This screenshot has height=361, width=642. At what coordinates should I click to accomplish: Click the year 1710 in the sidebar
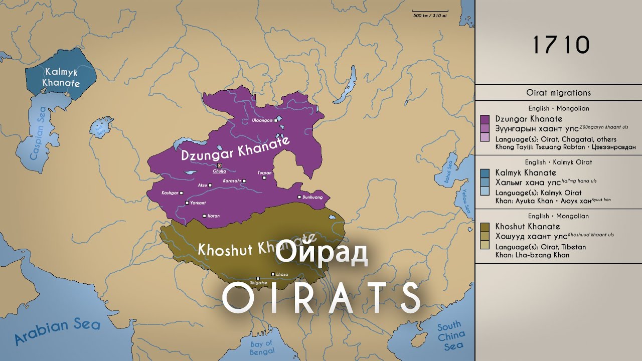560,45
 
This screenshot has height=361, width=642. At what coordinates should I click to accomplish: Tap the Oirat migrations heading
558,93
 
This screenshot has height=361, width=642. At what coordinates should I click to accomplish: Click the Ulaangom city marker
276,121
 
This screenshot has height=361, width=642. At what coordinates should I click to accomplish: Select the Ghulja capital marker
219,165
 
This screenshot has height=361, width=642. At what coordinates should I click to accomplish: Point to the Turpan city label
264,172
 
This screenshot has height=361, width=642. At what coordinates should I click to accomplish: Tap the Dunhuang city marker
299,197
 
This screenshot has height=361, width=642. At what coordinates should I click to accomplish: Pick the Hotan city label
214,216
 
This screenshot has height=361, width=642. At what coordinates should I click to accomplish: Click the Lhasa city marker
272,274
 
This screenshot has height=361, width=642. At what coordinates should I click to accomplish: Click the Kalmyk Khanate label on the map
61,77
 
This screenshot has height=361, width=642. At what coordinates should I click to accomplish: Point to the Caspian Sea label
38,133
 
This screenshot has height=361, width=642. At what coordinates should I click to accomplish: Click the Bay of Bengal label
262,347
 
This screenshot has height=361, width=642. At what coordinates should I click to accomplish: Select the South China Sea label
450,336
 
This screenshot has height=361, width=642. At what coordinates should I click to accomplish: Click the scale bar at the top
430,11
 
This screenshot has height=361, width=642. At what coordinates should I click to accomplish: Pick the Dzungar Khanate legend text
529,119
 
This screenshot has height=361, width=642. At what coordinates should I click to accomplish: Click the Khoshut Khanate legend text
527,227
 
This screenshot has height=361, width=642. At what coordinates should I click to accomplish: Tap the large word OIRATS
321,298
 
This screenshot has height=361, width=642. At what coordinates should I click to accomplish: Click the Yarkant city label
198,203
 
